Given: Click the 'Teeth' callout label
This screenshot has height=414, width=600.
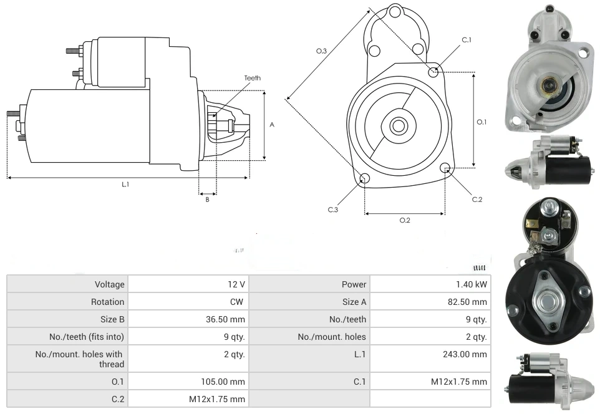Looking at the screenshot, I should pyautogui.click(x=252, y=78).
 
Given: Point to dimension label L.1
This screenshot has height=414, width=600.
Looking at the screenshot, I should pyautogui.click(x=125, y=184).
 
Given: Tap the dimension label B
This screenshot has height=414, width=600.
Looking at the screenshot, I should pyautogui.click(x=207, y=200).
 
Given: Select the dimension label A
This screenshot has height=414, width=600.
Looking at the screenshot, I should pyautogui.click(x=272, y=125).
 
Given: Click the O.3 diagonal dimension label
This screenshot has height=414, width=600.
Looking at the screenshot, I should pyautogui.click(x=322, y=51).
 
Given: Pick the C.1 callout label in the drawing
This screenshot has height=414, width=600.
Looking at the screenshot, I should pyautogui.click(x=467, y=40).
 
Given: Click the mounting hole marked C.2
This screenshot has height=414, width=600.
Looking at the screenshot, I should pyautogui.click(x=445, y=168).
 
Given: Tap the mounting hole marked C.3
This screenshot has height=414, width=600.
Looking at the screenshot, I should pyautogui.click(x=365, y=180).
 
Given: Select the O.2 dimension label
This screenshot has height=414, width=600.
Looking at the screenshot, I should pyautogui.click(x=404, y=220).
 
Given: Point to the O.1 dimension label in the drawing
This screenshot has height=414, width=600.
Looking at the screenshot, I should pyautogui.click(x=481, y=122).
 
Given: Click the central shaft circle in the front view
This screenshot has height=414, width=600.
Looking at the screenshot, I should pyautogui.click(x=398, y=126).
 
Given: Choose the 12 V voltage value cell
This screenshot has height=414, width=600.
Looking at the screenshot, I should pyautogui.click(x=236, y=284).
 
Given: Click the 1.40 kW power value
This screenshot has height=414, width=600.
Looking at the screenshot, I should pyautogui.click(x=472, y=284).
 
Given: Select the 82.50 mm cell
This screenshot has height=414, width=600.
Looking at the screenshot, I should pyautogui.click(x=471, y=302).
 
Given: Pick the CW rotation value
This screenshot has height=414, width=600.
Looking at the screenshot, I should pyautogui.click(x=238, y=302).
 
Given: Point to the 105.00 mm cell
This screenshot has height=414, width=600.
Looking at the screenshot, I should pyautogui.click(x=226, y=381).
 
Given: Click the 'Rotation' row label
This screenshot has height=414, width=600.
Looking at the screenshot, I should pyautogui.click(x=108, y=302).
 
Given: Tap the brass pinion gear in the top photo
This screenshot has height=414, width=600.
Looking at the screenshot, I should pyautogui.click(x=547, y=85).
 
